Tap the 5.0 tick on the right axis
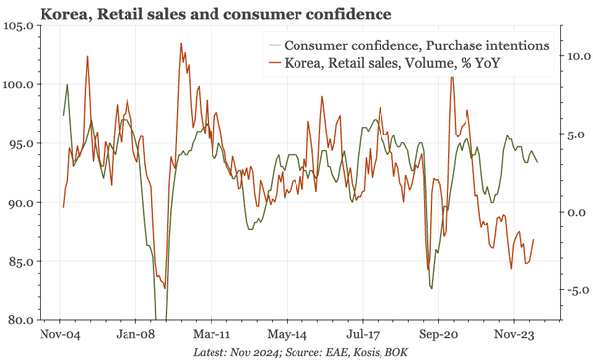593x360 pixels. [575, 135]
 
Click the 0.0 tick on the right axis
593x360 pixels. [575, 213]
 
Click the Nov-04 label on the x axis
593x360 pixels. [61, 334]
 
